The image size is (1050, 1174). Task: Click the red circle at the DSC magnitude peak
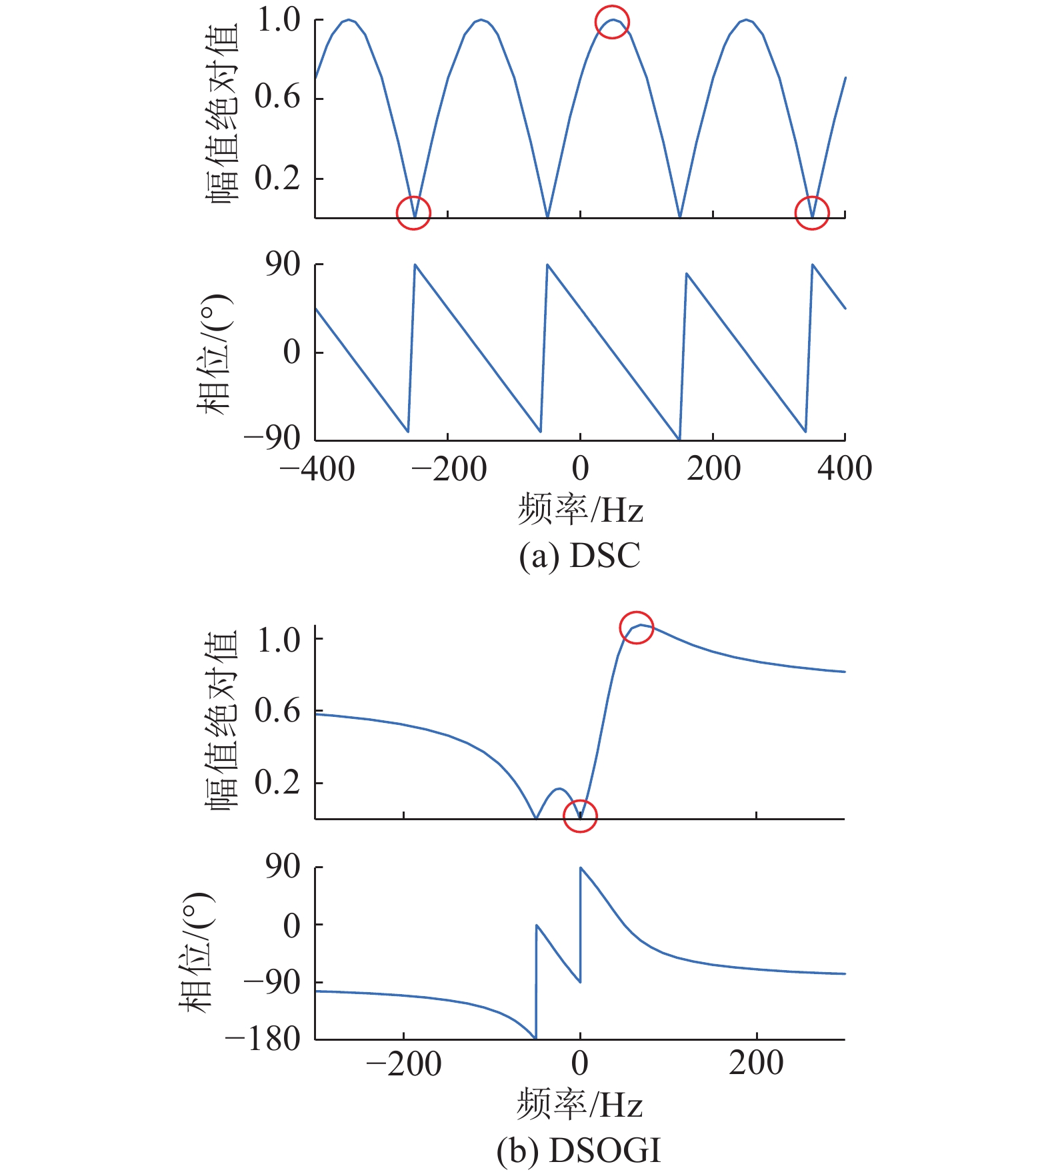(612, 22)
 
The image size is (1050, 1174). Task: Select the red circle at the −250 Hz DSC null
(413, 213)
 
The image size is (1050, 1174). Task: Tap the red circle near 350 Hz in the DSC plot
(812, 213)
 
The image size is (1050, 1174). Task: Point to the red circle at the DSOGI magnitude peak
(637, 627)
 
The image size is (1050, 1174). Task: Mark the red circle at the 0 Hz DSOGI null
(580, 816)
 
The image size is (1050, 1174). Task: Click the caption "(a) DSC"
(579, 556)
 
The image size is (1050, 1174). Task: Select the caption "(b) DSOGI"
(579, 1150)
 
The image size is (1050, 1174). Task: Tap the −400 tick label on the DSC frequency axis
(317, 468)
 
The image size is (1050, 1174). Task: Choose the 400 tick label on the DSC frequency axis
(845, 468)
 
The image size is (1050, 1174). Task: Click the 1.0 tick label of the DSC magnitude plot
(279, 20)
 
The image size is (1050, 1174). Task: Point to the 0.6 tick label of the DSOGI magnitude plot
(278, 711)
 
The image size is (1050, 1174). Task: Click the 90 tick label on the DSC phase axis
(283, 265)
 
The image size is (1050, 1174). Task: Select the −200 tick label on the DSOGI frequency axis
(403, 1064)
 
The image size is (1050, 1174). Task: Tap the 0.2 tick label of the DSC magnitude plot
(278, 178)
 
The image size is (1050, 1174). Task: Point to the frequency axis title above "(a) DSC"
(580, 510)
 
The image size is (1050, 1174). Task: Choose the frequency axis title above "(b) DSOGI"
(579, 1105)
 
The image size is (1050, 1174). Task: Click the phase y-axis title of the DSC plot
(215, 353)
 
